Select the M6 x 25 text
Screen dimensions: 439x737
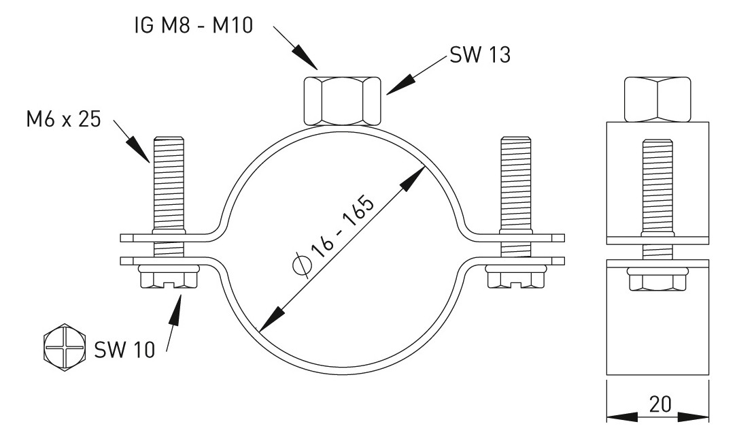pos(61,121)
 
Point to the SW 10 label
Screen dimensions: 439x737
pos(124,350)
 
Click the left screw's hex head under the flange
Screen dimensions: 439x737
pos(168,279)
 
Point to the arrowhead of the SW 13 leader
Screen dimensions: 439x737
pos(394,86)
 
